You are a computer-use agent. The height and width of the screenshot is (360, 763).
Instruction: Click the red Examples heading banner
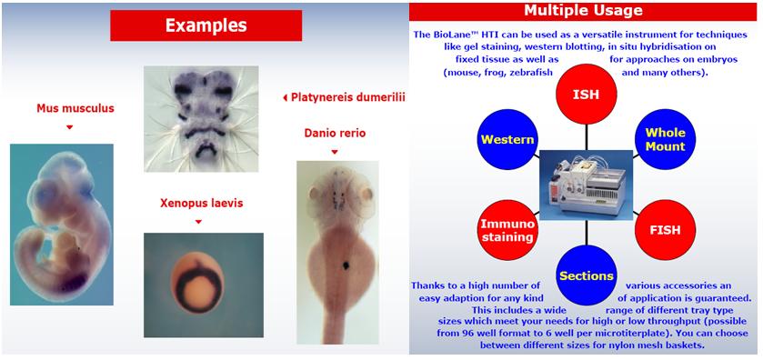(206, 25)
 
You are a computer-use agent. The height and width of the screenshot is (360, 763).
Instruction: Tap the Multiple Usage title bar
(582, 11)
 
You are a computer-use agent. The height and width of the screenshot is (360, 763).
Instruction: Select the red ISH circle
(587, 95)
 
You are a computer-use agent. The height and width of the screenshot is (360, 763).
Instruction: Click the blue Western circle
(507, 140)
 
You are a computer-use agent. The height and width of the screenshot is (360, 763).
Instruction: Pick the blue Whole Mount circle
(665, 139)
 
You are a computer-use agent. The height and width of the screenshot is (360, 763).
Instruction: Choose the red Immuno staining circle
(507, 230)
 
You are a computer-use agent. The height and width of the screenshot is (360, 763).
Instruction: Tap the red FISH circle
(665, 230)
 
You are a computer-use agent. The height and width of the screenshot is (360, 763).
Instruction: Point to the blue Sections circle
(587, 275)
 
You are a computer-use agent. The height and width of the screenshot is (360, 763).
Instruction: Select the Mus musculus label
(75, 108)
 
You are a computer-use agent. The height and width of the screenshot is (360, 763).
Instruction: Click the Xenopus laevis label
(202, 203)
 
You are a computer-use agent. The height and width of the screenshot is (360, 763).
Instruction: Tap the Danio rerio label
(335, 133)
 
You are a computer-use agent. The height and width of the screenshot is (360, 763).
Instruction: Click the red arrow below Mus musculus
(70, 127)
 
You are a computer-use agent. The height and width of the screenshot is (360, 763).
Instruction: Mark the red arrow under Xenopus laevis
(198, 222)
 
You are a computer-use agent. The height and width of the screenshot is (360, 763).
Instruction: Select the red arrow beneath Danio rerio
(335, 152)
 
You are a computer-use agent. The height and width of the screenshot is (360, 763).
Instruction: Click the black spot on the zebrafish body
(346, 265)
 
